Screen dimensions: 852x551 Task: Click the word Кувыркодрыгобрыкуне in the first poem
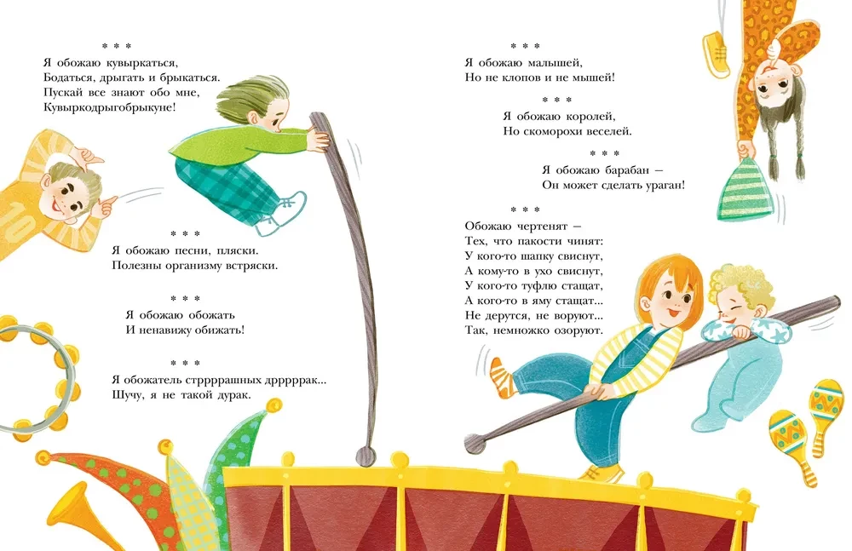(x=109, y=107)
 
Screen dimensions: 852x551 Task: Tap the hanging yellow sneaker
(x=716, y=54)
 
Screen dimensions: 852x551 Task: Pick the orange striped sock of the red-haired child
(x=501, y=376)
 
